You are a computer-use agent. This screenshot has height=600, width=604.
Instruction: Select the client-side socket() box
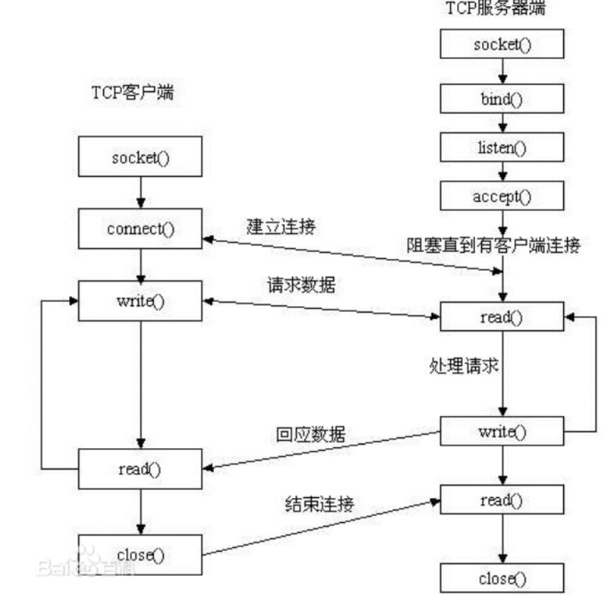pyautogui.click(x=140, y=158)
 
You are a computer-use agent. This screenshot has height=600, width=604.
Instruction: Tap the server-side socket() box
pyautogui.click(x=502, y=45)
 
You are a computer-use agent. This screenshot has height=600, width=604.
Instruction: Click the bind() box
pyautogui.click(x=502, y=99)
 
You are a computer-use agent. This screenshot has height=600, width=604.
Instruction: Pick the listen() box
pyautogui.click(x=502, y=149)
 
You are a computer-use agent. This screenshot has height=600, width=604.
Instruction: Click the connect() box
pyautogui.click(x=140, y=229)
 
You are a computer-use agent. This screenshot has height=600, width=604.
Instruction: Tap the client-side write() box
pyautogui.click(x=140, y=300)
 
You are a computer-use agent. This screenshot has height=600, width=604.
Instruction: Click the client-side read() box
pyautogui.click(x=140, y=469)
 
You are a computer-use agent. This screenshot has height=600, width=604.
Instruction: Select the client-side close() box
pyautogui.click(x=140, y=554)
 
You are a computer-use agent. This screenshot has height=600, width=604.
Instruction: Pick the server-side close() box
pyautogui.click(x=502, y=579)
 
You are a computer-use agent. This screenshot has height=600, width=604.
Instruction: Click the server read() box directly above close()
pyautogui.click(x=502, y=501)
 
